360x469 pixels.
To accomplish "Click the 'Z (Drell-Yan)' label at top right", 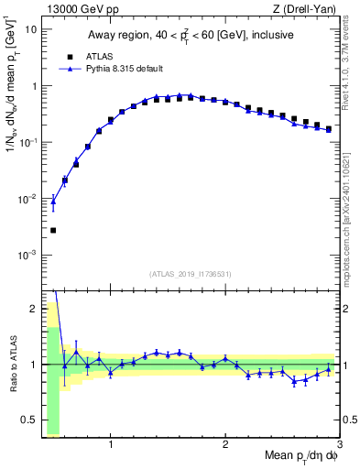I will click(x=308, y=8).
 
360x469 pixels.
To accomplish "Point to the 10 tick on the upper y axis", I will click(x=32, y=29).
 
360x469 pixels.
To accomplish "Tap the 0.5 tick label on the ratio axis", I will click(x=29, y=420).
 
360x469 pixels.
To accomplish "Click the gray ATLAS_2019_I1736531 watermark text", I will click(x=191, y=273).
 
